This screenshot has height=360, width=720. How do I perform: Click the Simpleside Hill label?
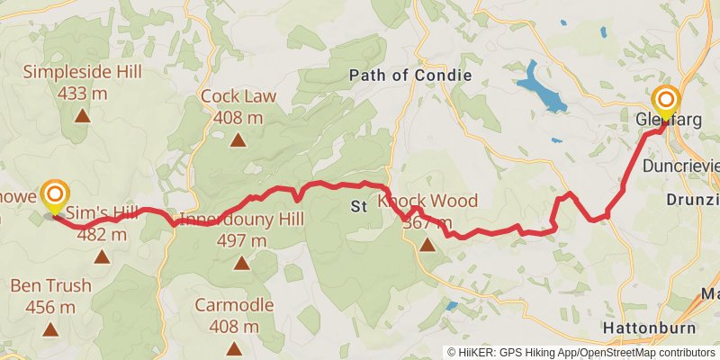coord(82,71)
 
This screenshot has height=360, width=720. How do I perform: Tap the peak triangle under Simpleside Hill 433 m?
coord(82,114)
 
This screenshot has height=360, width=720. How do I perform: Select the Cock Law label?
coord(238,96)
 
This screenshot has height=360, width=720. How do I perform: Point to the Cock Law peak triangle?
coord(238,139)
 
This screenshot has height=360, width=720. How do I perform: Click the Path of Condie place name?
coord(409,76)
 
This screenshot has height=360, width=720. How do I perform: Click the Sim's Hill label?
coord(103,213)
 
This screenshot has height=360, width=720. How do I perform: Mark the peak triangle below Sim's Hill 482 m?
coord(102,256)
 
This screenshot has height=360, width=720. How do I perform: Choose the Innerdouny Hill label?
coord(241,219)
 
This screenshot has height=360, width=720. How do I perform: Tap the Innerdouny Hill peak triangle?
coord(241,263)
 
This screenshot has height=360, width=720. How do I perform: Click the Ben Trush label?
coord(50,286)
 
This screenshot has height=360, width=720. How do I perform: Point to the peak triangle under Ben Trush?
coord(50,329)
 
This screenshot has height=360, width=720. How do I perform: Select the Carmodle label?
coord(234,304)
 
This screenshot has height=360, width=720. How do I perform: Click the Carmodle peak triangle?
coord(234,346)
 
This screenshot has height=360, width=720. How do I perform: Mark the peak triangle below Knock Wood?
coord(427,243)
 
